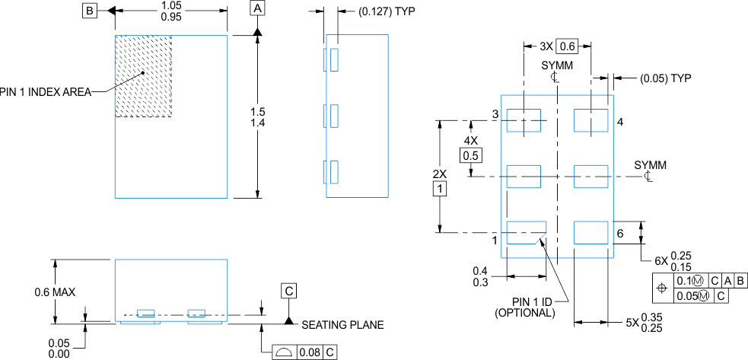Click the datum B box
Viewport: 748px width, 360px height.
(90, 11)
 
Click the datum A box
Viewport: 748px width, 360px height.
(258, 8)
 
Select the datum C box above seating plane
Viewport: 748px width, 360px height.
(288, 291)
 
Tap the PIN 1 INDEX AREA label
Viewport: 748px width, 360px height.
(46, 91)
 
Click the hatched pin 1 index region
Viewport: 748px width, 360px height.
(143, 75)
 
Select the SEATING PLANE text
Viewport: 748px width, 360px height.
(342, 325)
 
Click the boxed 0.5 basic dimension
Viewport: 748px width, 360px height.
(470, 155)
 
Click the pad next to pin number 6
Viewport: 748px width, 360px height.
(590, 232)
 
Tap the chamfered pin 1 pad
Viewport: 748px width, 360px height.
(526, 232)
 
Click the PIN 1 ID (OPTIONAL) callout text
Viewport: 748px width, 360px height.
(525, 307)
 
